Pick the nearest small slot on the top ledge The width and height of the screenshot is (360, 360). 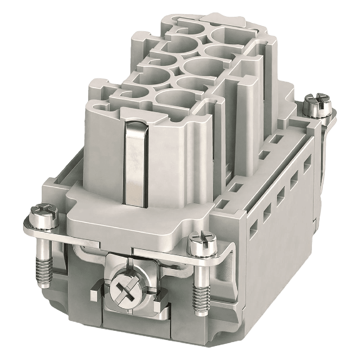226,203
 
